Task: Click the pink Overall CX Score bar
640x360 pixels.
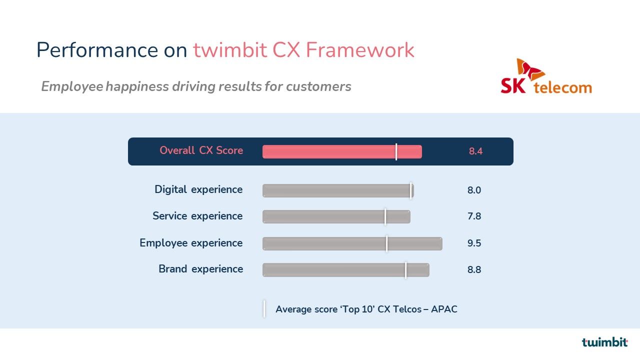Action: coord(342,151)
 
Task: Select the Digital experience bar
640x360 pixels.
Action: coord(338,190)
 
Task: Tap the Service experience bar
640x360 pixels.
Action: coord(336,217)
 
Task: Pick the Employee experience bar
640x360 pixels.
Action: coord(352,243)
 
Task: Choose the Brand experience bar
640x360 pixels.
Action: coord(345,270)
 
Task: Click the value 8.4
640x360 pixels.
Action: coord(475,151)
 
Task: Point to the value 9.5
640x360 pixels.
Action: coord(474,243)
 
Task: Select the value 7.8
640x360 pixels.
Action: coord(474,216)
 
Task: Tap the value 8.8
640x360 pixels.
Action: coord(474,269)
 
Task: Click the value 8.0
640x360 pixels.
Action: coord(474,190)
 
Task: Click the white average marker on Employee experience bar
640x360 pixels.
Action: coord(387,243)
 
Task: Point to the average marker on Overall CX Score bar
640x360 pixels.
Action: coord(396,151)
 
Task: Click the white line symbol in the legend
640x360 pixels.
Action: coord(264,309)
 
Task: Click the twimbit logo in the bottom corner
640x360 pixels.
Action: coord(604,342)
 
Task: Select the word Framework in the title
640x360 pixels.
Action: coord(360,50)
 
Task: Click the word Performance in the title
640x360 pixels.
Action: coord(97,50)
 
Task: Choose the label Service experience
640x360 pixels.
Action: coord(197,216)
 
